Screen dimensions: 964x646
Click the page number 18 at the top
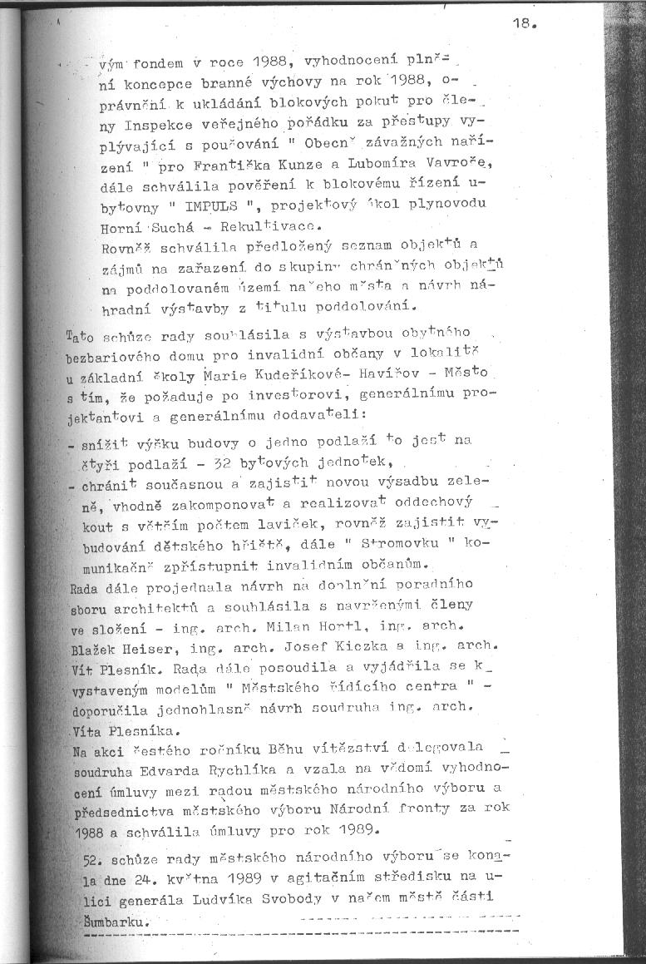pos(524,24)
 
